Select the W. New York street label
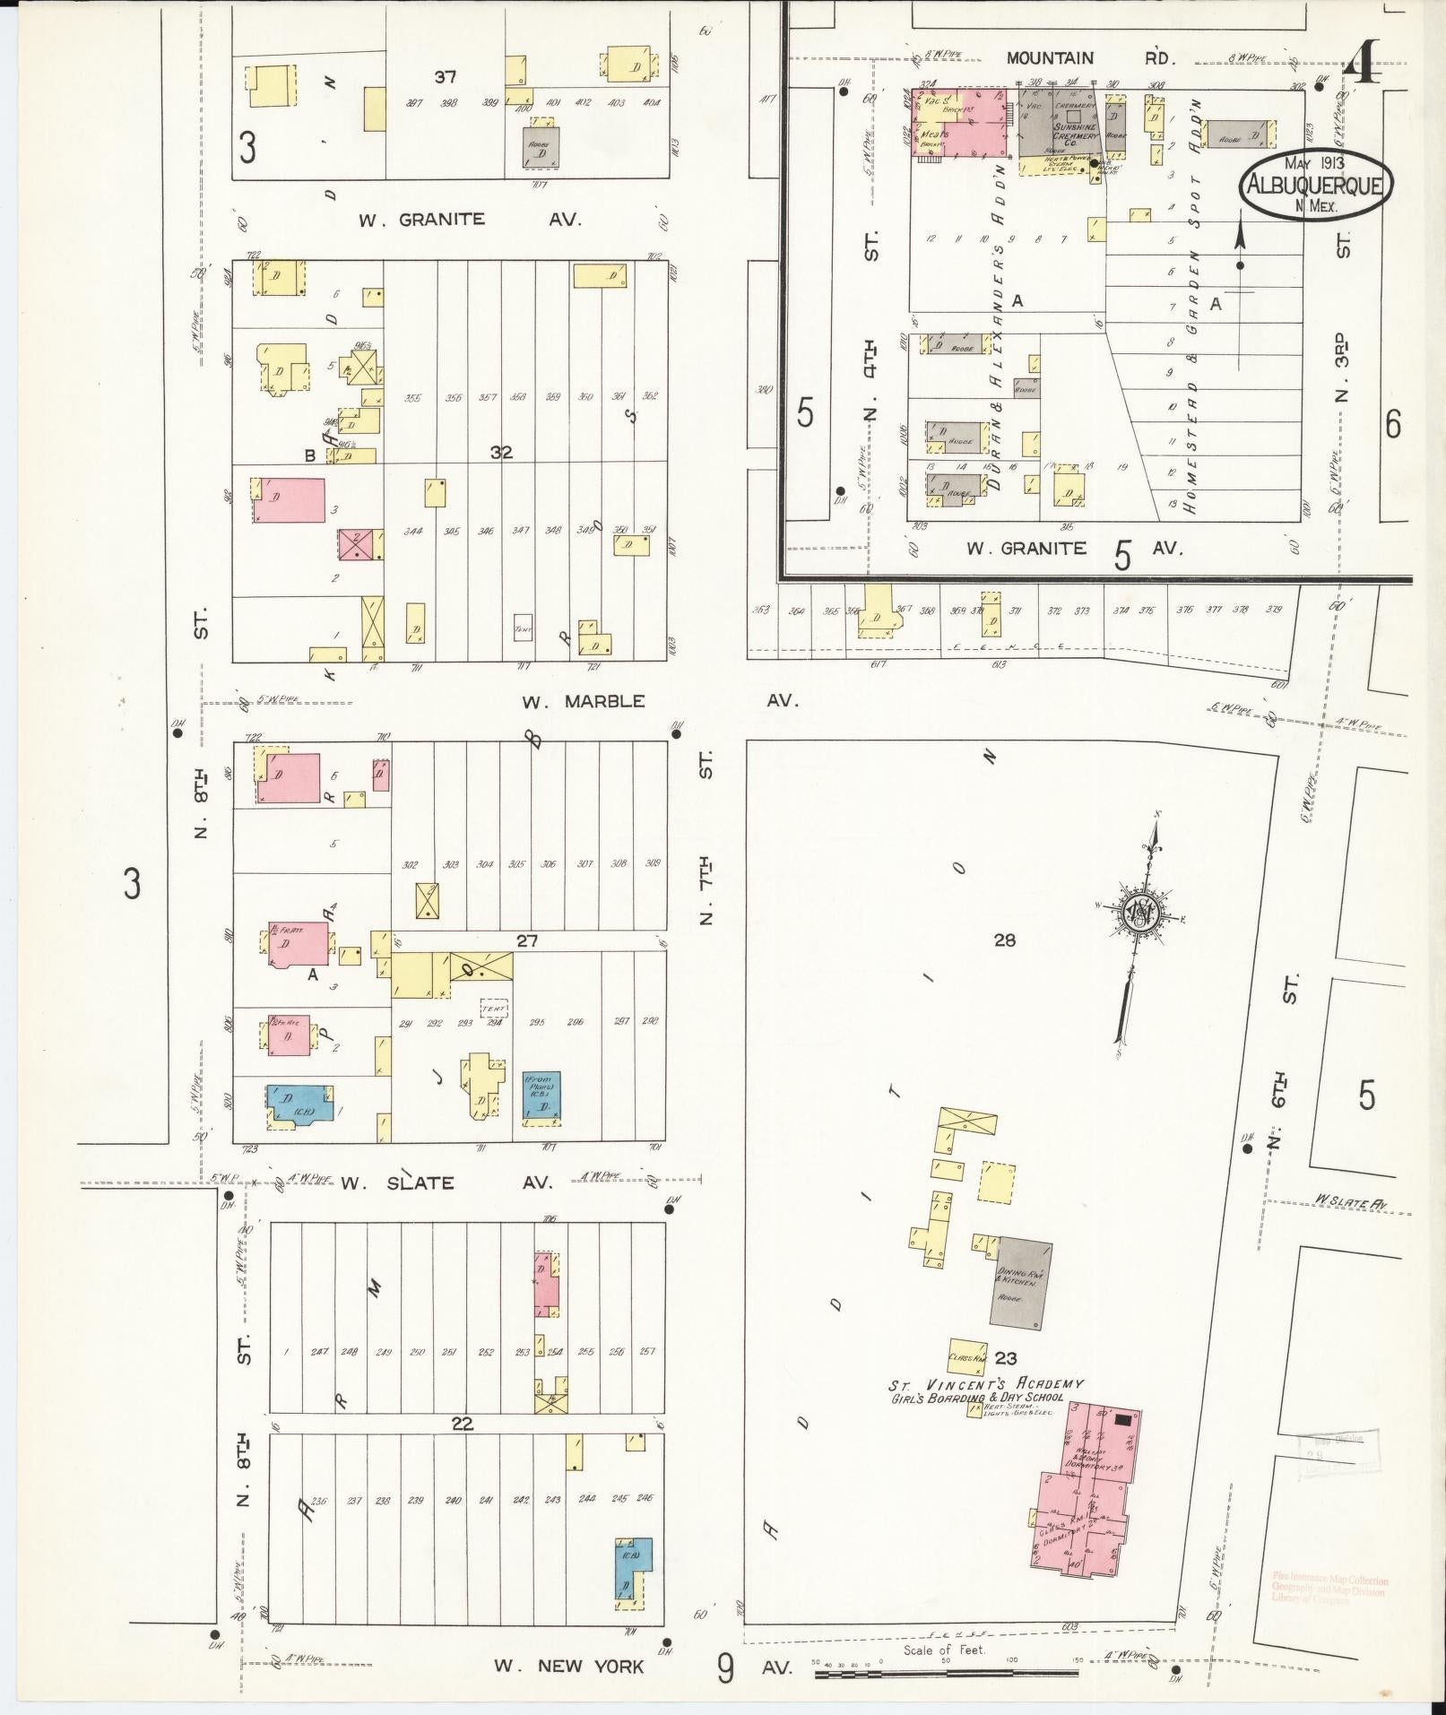point(568,1666)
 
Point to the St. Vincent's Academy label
point(986,1409)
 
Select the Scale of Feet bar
point(948,1674)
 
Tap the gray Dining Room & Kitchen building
point(1020,1283)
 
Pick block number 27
point(526,940)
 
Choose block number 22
point(462,1424)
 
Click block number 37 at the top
point(446,77)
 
